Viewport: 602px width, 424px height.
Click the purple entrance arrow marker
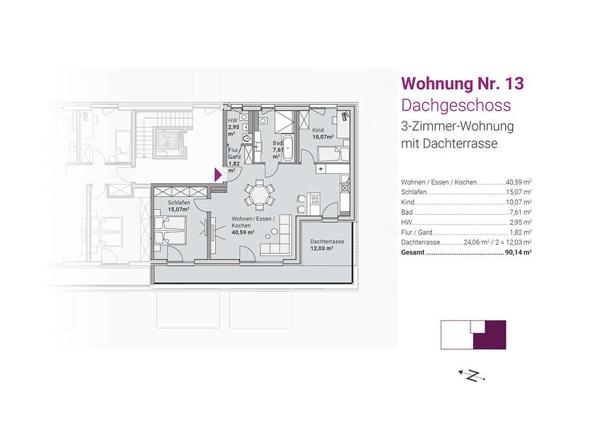pyautogui.click(x=218, y=175)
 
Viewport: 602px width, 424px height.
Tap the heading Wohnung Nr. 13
pyautogui.click(x=462, y=83)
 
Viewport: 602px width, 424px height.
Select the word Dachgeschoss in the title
pyautogui.click(x=456, y=105)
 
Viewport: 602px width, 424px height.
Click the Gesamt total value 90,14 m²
pyautogui.click(x=519, y=252)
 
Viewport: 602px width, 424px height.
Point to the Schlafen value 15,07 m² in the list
pyautogui.click(x=519, y=192)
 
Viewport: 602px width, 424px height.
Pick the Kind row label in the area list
pyautogui.click(x=407, y=202)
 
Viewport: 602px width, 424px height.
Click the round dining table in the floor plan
pyautogui.click(x=260, y=196)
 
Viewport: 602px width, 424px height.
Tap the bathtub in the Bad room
pyautogui.click(x=288, y=148)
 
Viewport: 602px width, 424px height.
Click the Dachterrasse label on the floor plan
pyautogui.click(x=327, y=242)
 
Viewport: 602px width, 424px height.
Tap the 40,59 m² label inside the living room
pyautogui.click(x=243, y=232)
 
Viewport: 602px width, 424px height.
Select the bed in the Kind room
pyautogui.click(x=333, y=154)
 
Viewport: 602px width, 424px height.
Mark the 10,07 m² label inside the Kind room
pyautogui.click(x=323, y=136)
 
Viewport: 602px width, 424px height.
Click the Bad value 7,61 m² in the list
pyautogui.click(x=520, y=212)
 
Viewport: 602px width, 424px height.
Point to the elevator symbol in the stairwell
pyautogui.click(x=167, y=142)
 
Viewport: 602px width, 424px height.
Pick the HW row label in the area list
pyautogui.click(x=406, y=223)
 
